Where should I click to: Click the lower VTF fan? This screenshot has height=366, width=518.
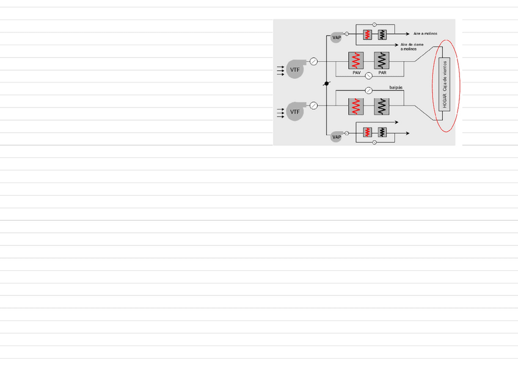(x=295, y=112)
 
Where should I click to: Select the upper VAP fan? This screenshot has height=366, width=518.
(x=337, y=38)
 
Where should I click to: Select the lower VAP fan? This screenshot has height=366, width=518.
(x=337, y=137)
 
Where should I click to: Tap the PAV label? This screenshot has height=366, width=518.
(x=357, y=73)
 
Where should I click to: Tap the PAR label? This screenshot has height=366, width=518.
(x=382, y=73)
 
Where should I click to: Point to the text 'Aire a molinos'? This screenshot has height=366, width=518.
(x=425, y=34)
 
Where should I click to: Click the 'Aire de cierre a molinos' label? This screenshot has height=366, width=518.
(x=412, y=46)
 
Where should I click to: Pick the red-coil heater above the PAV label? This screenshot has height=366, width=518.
(x=357, y=60)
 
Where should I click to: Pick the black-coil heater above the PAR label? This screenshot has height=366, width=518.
(x=382, y=60)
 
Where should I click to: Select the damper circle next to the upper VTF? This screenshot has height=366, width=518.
(x=314, y=61)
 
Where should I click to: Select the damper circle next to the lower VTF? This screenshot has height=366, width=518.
(x=314, y=106)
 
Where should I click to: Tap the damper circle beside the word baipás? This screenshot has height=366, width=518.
(x=368, y=91)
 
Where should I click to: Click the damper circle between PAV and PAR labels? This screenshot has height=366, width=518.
(x=369, y=77)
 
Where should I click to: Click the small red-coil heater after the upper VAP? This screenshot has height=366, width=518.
(x=367, y=34)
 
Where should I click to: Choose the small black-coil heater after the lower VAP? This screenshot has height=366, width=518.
(x=382, y=132)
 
